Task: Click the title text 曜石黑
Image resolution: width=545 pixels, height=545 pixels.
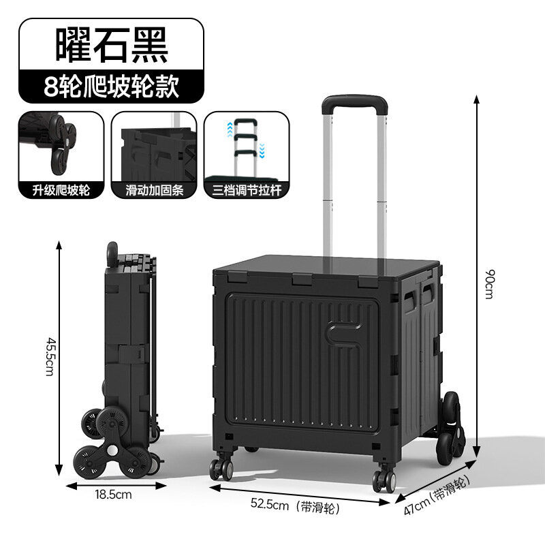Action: (112, 45)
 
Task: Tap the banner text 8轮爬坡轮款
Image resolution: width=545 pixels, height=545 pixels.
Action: (111, 87)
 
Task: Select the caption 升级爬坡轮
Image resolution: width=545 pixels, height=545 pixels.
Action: (61, 190)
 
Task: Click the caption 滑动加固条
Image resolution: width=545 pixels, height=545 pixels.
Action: (155, 190)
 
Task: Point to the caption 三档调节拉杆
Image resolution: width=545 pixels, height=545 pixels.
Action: (247, 190)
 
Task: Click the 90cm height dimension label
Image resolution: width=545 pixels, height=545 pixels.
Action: (489, 284)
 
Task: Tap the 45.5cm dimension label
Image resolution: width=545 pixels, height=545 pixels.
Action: (50, 356)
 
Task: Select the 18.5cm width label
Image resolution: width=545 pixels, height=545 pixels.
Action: (113, 495)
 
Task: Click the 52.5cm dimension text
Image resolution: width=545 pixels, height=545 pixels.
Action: (270, 504)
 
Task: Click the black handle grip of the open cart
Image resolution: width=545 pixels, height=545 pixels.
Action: (354, 104)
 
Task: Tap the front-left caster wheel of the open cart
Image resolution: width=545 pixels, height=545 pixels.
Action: (221, 469)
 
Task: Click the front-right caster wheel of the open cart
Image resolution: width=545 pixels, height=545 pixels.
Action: (384, 481)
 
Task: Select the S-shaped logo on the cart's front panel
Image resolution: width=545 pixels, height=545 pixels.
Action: (345, 335)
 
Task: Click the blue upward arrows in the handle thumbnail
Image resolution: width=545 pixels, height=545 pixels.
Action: (230, 129)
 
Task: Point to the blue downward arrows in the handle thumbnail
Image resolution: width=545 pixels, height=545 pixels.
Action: (262, 151)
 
